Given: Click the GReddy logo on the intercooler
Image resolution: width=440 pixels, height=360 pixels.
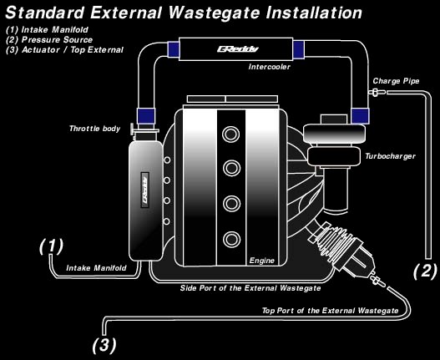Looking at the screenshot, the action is pos(237,49).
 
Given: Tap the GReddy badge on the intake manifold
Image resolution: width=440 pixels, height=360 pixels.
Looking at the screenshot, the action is pos(144,190).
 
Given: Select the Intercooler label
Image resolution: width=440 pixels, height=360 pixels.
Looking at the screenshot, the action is pos(269,67).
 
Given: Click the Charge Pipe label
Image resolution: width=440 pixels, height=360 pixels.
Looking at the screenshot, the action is pos(396,81).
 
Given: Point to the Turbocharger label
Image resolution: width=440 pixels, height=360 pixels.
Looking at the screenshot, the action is pos(390,156).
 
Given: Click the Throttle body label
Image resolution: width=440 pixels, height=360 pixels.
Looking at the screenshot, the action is pos(95,129).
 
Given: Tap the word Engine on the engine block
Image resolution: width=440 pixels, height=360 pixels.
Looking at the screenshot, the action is pos(262,261).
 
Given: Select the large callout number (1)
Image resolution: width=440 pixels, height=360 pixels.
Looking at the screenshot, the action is pos(52,246).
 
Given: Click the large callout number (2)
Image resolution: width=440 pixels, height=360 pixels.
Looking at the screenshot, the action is pos(426,271).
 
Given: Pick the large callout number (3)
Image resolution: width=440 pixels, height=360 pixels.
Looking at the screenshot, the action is pos(104,345).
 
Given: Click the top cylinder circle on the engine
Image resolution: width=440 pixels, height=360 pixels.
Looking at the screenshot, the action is pos(230,134).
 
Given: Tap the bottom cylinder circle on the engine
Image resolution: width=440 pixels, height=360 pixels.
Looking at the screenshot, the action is pos(231,240).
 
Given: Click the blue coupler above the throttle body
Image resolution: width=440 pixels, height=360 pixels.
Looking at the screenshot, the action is pos(146,116).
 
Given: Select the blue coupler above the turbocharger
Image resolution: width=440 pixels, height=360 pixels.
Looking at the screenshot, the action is pos(360,116).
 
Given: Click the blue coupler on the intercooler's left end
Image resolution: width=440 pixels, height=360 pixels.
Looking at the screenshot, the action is pos(174,49).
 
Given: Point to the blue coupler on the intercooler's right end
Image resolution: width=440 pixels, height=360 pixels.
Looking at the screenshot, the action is pos(299,50).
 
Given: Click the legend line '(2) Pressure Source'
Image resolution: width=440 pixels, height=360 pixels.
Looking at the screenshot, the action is pos(49,40).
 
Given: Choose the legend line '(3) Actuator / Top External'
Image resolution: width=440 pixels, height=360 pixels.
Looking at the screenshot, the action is pos(64,50).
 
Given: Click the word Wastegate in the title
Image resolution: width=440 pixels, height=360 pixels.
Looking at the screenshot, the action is pos(215,13).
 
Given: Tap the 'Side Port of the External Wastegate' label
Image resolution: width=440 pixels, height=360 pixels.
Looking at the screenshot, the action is pos(250,288).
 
